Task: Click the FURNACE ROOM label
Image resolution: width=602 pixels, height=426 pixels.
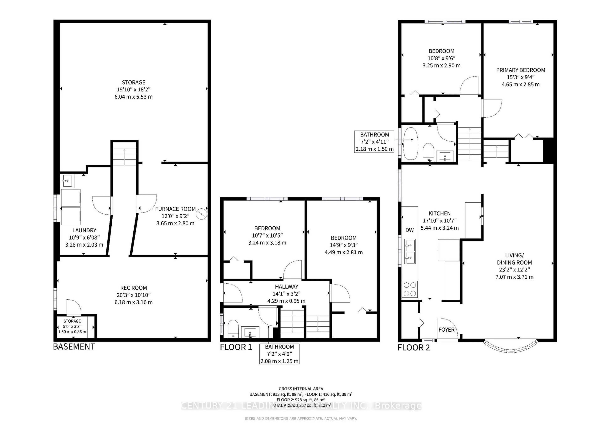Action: tap(175, 209)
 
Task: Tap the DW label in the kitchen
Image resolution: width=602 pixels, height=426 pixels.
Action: tap(409, 230)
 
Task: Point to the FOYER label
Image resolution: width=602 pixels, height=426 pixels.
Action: tap(446, 330)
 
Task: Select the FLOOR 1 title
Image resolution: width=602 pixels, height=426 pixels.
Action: tap(236, 347)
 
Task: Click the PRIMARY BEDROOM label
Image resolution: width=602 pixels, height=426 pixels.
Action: tap(520, 70)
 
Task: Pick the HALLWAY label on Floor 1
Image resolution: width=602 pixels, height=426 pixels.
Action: tap(286, 287)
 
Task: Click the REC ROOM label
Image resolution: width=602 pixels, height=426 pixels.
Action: tap(133, 288)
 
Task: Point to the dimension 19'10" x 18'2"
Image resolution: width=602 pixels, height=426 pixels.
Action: tap(133, 89)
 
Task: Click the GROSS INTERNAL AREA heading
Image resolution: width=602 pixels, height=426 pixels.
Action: tap(301, 389)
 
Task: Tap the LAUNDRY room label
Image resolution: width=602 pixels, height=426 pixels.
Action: tap(84, 230)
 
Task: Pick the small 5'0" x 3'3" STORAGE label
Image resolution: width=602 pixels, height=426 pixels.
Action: tap(72, 321)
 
